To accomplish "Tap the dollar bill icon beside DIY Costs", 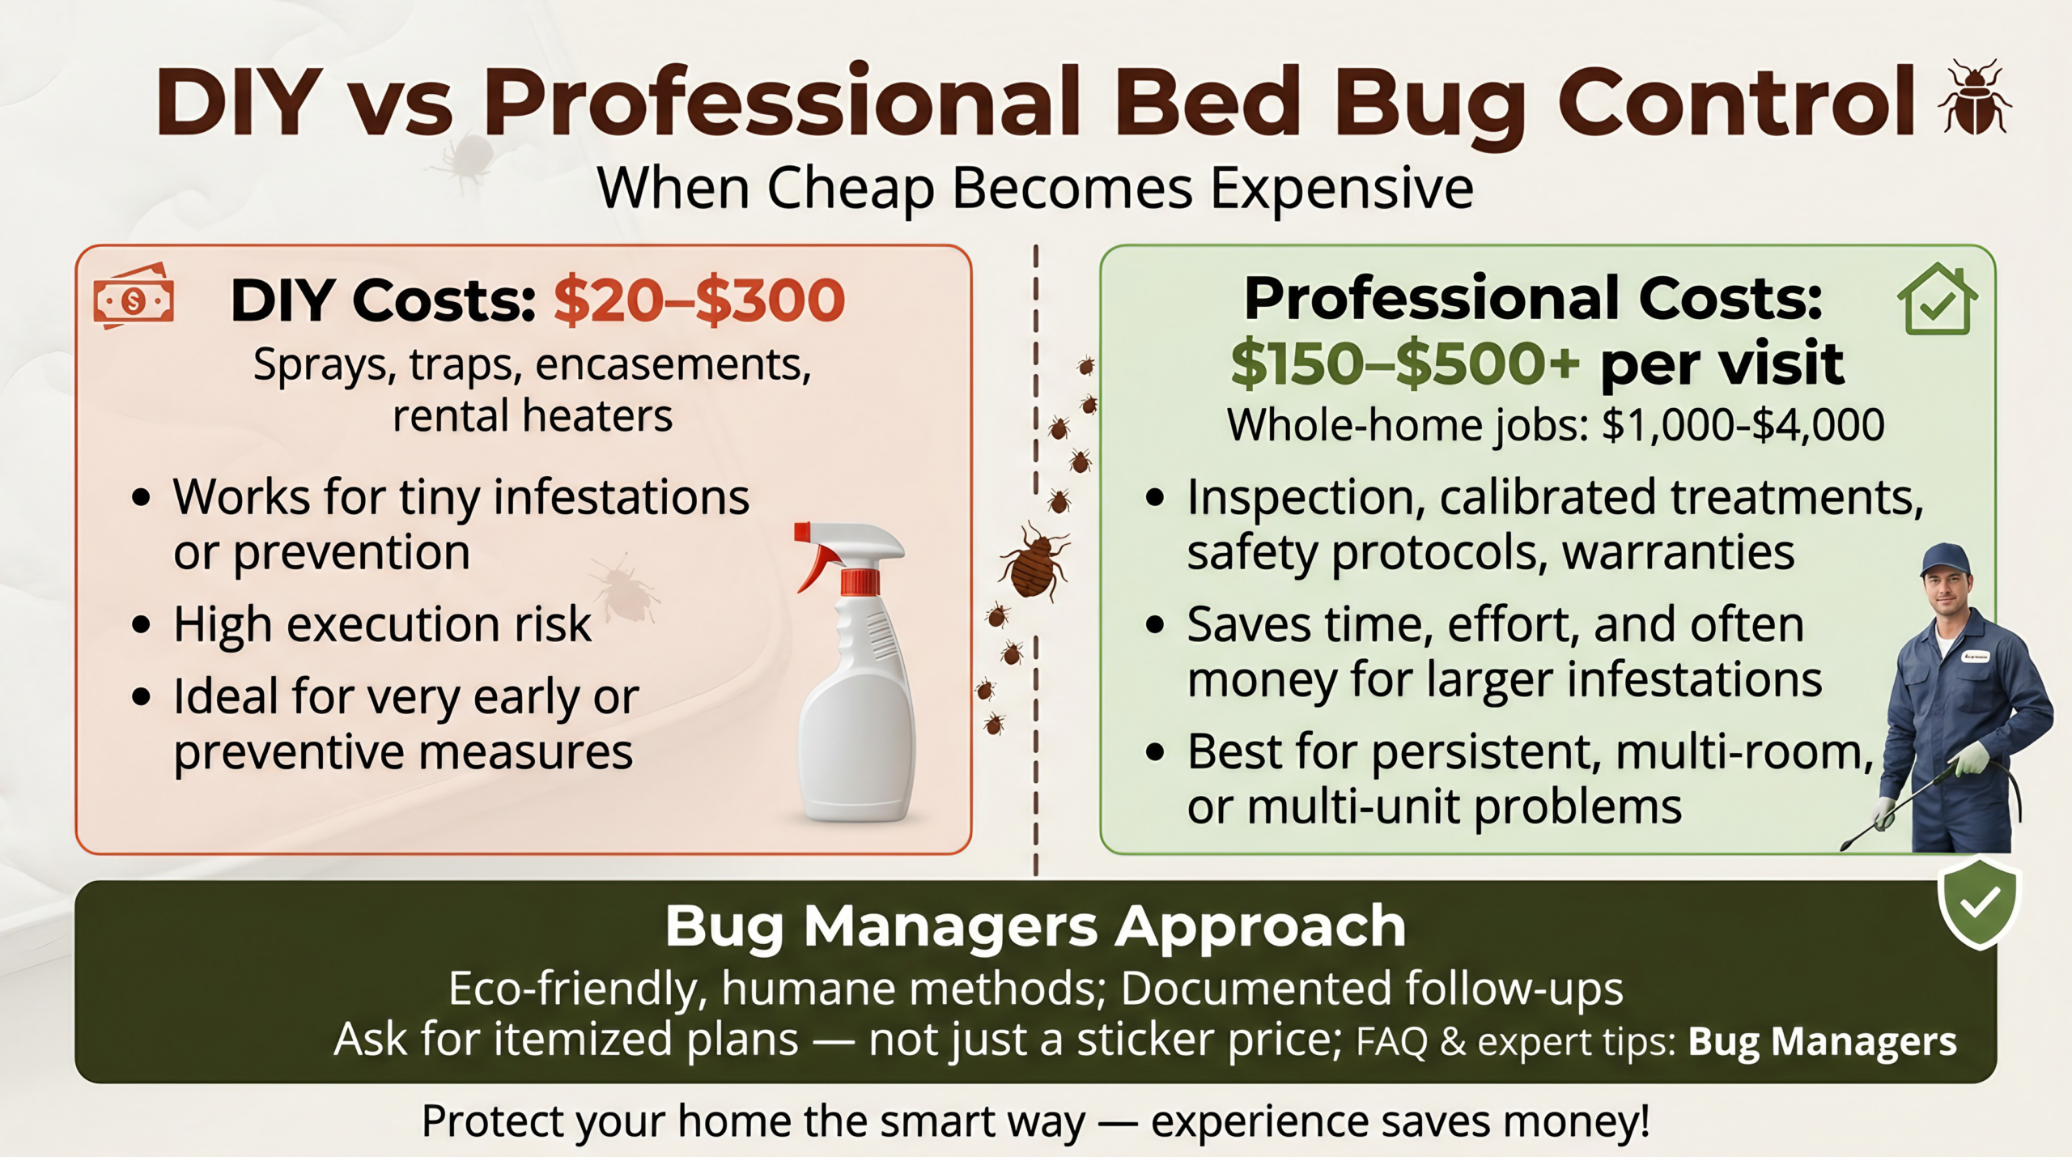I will [x=134, y=297].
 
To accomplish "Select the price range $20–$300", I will [x=699, y=300].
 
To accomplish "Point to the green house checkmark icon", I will [x=1937, y=299].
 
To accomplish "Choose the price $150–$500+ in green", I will [x=1404, y=364].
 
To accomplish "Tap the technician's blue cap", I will [x=1945, y=558].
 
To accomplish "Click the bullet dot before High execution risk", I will [x=142, y=625].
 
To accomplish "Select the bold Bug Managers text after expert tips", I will [x=1822, y=1041].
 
